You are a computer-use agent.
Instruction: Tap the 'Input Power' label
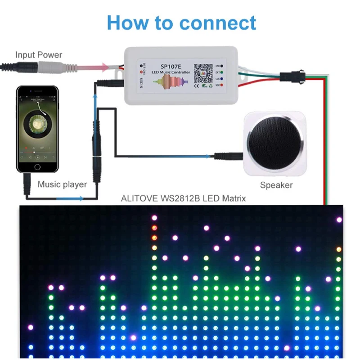tap(39, 55)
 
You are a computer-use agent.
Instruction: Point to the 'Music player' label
tap(62, 184)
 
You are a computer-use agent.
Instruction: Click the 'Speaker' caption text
tap(276, 185)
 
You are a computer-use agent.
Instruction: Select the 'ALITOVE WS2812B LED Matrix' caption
tap(184, 198)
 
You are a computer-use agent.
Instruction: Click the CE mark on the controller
tap(197, 85)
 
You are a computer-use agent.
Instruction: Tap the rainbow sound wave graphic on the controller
tap(170, 83)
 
